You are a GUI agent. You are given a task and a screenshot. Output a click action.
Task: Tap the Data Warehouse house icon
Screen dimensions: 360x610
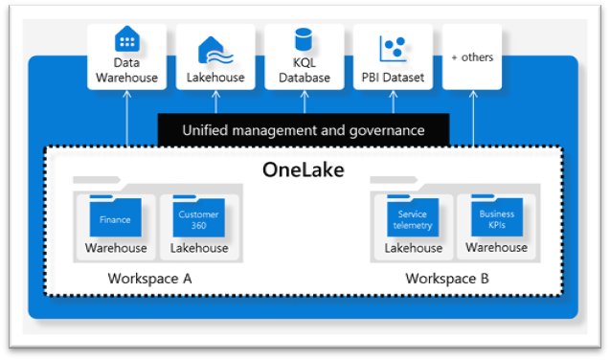126,40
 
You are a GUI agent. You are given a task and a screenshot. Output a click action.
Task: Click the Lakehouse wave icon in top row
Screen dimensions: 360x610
215,48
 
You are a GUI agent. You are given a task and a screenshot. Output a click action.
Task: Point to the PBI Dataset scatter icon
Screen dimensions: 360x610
393,46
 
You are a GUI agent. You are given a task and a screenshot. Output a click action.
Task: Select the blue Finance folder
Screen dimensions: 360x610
115,219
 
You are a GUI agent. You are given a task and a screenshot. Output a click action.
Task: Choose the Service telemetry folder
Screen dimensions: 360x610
413,219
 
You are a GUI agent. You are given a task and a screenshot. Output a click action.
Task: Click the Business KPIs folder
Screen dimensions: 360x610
496,219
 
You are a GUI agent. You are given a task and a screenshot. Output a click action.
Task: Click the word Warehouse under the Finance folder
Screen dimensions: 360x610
116,248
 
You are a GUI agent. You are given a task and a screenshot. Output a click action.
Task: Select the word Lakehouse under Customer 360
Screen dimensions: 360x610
199,248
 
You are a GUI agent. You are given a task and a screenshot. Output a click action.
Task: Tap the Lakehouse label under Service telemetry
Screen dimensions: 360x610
414,248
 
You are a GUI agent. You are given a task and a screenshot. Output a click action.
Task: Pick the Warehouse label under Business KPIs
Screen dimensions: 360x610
496,247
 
